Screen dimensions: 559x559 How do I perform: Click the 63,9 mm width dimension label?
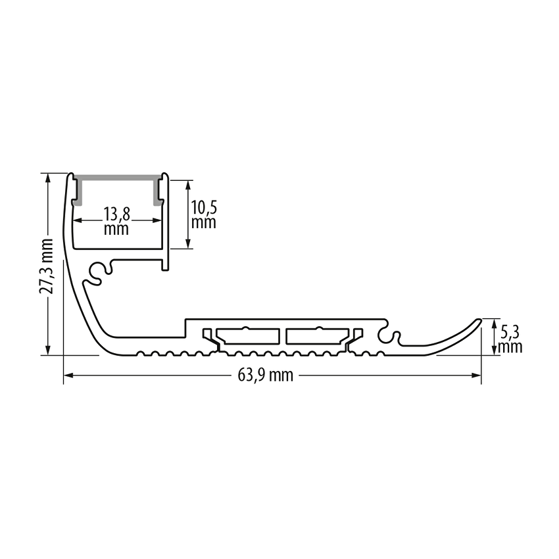point(265,376)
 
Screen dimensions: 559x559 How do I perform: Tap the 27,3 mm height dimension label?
point(46,266)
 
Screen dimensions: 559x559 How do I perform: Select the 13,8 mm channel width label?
point(116,221)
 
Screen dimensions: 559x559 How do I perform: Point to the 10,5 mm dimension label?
point(204,214)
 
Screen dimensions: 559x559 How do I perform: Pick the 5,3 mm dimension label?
point(510,339)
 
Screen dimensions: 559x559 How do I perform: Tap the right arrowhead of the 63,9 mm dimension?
point(477,376)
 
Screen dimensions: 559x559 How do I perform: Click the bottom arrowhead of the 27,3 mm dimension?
point(48,351)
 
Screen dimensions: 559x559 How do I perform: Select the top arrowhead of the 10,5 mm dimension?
point(189,185)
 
